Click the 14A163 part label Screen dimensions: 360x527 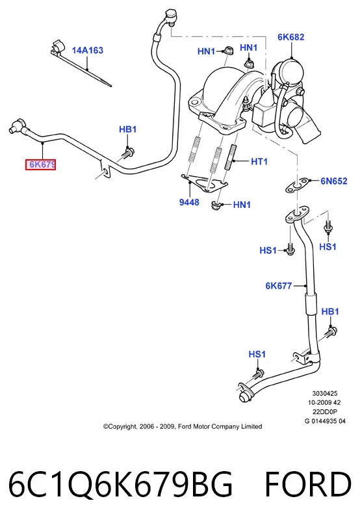tap(87, 51)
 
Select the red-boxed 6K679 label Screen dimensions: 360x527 tap(41, 164)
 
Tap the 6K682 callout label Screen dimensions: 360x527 tap(290, 37)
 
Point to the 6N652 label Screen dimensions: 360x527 tap(334, 181)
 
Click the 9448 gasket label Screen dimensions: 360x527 tap(189, 202)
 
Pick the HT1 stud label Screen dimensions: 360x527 tap(259, 162)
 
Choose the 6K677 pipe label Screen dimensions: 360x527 tap(279, 286)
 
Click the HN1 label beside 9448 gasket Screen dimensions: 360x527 tap(242, 205)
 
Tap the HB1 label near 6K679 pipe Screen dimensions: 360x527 tap(128, 129)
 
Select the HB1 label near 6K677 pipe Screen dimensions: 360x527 tap(330, 311)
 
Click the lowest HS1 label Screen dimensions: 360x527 tap(257, 354)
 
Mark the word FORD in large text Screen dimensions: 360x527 tap(308, 485)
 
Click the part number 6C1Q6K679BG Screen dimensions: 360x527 tap(120, 485)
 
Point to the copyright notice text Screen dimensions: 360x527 tap(183, 426)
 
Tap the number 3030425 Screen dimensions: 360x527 tap(325, 393)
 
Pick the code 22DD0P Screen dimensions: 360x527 tap(325, 412)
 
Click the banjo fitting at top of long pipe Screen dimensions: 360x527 tap(170, 17)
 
